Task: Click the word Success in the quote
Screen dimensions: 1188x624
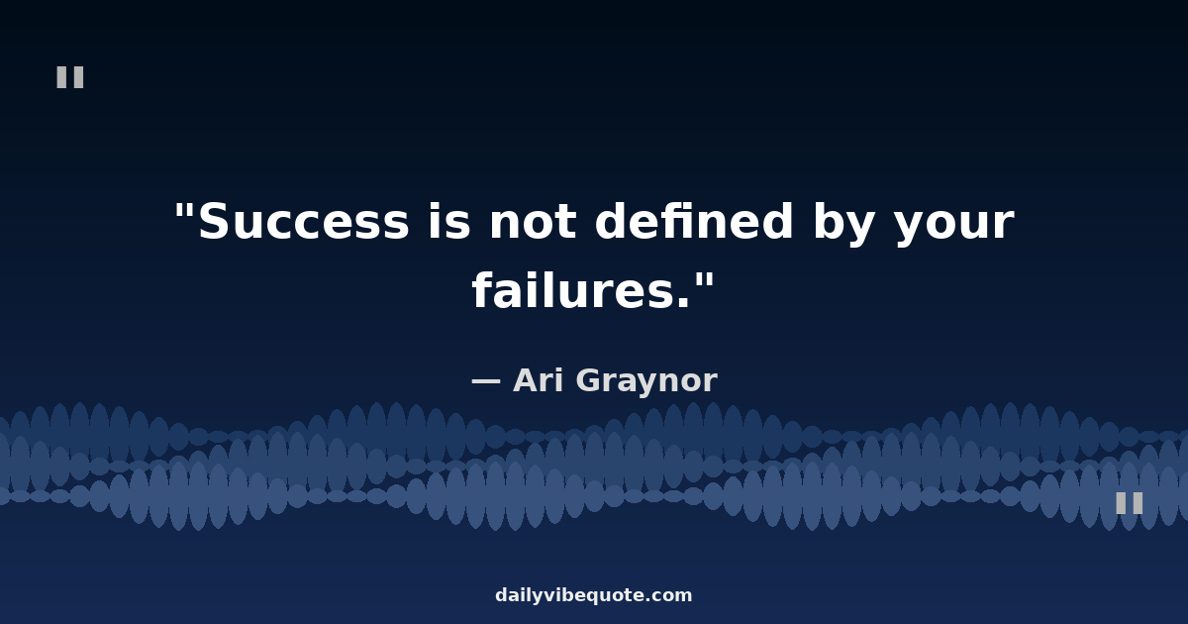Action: coord(304,221)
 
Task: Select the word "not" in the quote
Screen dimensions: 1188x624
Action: coord(533,222)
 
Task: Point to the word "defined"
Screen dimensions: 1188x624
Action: coord(694,220)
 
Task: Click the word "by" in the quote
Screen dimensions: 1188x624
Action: coord(843,223)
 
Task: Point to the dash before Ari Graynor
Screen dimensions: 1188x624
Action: coord(486,381)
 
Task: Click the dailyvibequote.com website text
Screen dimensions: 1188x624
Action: coord(594,595)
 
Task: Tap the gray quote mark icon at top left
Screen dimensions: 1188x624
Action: coord(70,77)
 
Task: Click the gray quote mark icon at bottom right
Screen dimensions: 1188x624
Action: coord(1130,503)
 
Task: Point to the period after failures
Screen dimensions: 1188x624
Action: coord(684,302)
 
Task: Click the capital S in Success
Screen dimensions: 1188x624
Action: coord(216,221)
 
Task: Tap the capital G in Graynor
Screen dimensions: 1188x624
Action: coord(590,380)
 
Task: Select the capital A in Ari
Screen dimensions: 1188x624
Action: coord(527,380)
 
